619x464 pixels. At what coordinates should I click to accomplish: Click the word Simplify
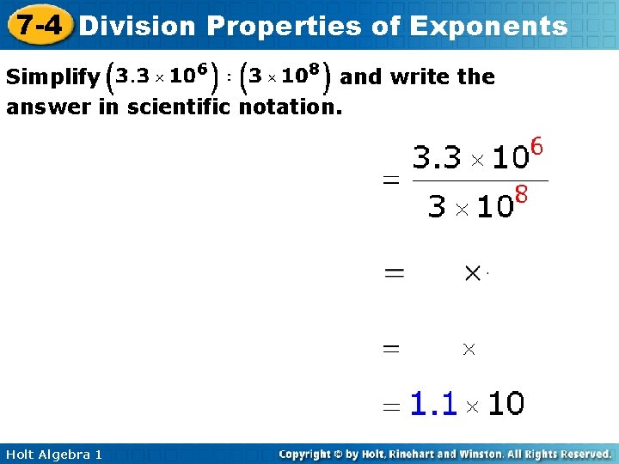[x=52, y=77]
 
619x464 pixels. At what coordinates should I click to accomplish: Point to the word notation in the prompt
[x=291, y=107]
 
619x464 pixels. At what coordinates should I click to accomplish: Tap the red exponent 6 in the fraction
[x=537, y=147]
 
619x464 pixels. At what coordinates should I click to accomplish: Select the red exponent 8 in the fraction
[x=519, y=196]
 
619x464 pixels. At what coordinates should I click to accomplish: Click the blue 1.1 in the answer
[x=432, y=403]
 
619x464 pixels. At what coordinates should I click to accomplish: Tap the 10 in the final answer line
[x=506, y=403]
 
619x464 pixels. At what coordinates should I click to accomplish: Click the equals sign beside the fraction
[x=391, y=181]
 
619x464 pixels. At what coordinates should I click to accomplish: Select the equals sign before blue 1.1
[x=392, y=406]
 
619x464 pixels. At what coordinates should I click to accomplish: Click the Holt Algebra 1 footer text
[x=53, y=454]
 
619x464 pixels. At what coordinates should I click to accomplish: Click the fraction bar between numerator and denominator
[x=480, y=181]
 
